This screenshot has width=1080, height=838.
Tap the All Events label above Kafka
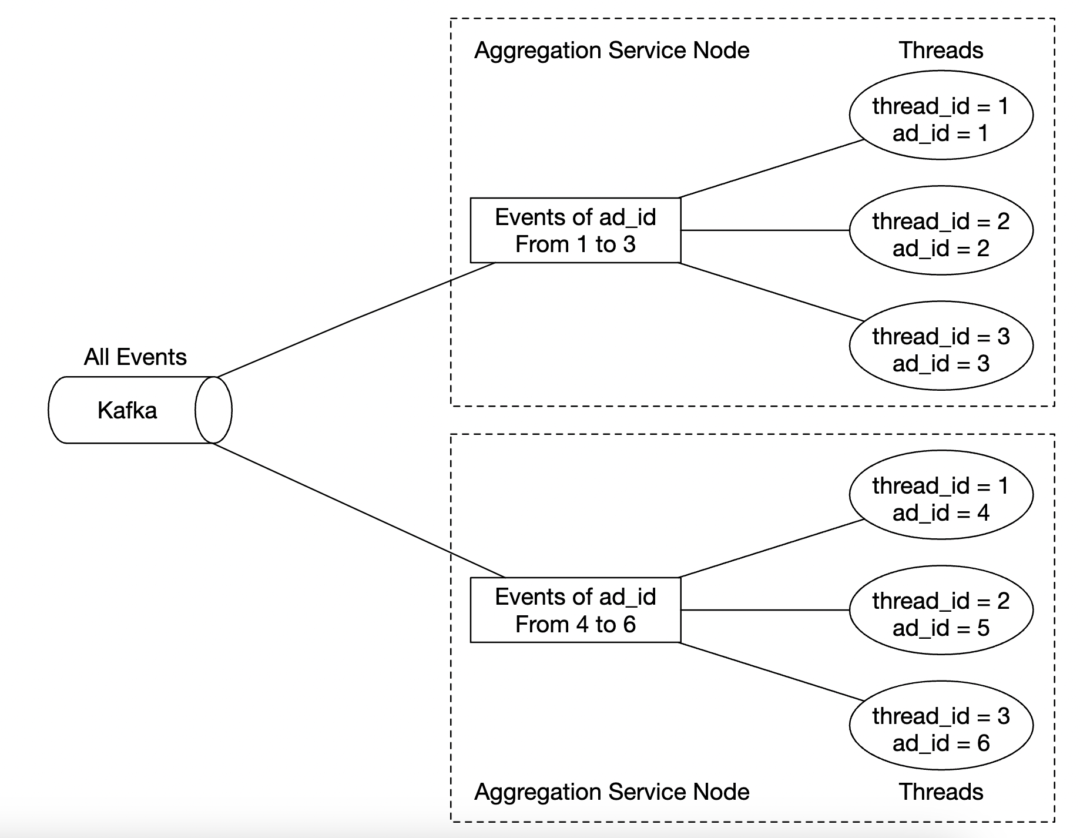coord(135,357)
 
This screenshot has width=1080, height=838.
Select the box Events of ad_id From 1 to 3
coord(575,230)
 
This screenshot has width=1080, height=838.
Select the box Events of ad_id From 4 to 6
coord(575,610)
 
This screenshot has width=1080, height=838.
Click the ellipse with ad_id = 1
coord(941,115)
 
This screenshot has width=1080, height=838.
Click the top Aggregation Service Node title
coord(612,51)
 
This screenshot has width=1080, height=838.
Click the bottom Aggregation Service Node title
coord(612,792)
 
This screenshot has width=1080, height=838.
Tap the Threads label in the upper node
coord(941,51)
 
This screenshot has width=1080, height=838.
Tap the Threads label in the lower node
coord(941,792)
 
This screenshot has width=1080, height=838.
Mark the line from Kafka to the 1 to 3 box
coord(356,319)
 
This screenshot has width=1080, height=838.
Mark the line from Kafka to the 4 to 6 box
coord(358,510)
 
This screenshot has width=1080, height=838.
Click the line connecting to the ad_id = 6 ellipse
coord(771,672)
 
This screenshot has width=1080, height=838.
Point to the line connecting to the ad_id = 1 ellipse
coord(771,169)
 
